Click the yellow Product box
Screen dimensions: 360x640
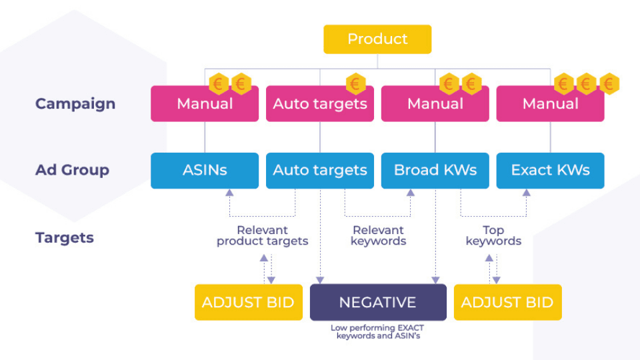coord(377,39)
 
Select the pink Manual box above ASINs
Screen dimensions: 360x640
coord(205,104)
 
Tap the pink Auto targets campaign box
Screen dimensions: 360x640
coord(320,104)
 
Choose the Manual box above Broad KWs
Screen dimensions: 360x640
coord(435,104)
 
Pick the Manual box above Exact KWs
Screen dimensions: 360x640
coord(550,104)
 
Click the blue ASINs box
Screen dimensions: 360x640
coord(205,171)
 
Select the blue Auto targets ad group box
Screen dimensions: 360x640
coord(320,171)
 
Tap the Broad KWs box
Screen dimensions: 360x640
coord(435,171)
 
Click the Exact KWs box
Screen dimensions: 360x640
coord(550,171)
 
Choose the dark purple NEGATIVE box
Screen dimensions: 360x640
coord(378,303)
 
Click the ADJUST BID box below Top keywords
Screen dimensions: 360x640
coord(507,303)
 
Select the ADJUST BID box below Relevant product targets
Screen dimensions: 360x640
coord(248,303)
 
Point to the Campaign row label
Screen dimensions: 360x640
coord(75,104)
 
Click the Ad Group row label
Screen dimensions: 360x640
coord(72,171)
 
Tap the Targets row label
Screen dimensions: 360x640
coord(65,238)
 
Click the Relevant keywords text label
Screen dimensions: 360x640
coord(379,235)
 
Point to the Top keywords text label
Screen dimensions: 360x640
coord(493,235)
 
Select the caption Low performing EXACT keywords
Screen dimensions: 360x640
coord(377,332)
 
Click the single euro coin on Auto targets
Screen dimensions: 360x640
coord(356,84)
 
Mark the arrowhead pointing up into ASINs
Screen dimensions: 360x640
coord(229,193)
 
